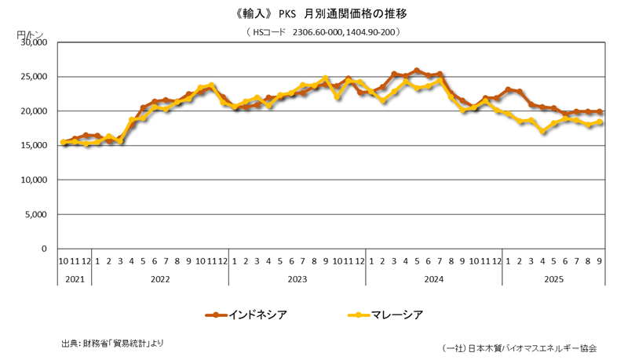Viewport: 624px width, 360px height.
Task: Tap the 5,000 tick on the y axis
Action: coord(36,214)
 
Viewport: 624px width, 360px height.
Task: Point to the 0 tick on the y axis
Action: coord(45,249)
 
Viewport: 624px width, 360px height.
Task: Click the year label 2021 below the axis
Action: coord(75,278)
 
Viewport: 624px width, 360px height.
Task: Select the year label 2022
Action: coord(160,278)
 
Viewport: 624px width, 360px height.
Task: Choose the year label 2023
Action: coord(297,278)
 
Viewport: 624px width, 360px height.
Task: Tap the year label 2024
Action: coord(434,278)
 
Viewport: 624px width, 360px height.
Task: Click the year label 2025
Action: coord(554,278)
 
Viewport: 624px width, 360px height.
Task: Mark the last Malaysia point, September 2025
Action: coord(600,122)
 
